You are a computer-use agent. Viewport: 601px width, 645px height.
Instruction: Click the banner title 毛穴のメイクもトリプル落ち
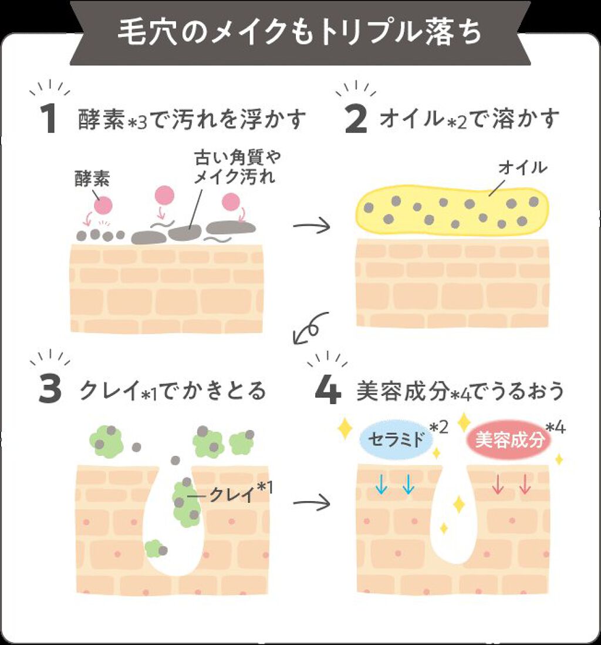point(300,33)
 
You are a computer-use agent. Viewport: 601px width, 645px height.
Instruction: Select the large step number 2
point(356,119)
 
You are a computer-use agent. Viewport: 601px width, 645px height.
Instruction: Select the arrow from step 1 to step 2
point(312,226)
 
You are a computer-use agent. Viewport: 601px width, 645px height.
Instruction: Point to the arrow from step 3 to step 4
point(312,502)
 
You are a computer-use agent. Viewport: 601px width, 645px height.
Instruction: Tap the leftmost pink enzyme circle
point(103,204)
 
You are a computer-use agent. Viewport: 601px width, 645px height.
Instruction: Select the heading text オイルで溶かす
point(470,120)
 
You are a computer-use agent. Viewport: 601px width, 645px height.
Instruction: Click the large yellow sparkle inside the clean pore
point(458,504)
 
